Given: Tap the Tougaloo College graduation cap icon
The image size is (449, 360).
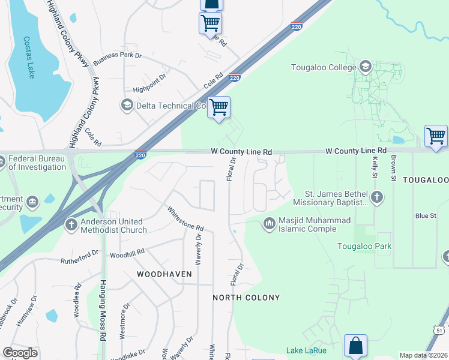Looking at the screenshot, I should point(364,67).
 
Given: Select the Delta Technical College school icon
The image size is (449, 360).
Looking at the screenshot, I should point(127,106).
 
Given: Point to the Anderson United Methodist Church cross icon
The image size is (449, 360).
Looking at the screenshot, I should point(70,225).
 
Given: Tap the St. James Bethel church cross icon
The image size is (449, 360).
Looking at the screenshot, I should point(376,197).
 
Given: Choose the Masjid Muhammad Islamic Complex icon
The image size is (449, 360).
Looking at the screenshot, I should point(269,224).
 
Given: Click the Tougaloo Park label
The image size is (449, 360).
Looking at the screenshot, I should point(364,246).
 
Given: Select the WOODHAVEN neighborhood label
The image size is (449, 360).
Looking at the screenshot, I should point(164,274).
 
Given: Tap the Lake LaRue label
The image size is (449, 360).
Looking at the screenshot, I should point(307,350).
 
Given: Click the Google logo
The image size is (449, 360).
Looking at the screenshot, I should point(20,353).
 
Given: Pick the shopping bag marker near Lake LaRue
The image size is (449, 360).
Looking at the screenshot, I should point(355,346).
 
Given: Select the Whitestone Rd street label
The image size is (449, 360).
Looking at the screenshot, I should point(185,220).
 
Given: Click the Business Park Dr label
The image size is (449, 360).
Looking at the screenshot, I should point(117,56).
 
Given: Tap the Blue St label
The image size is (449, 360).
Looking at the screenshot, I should point(424,215).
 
